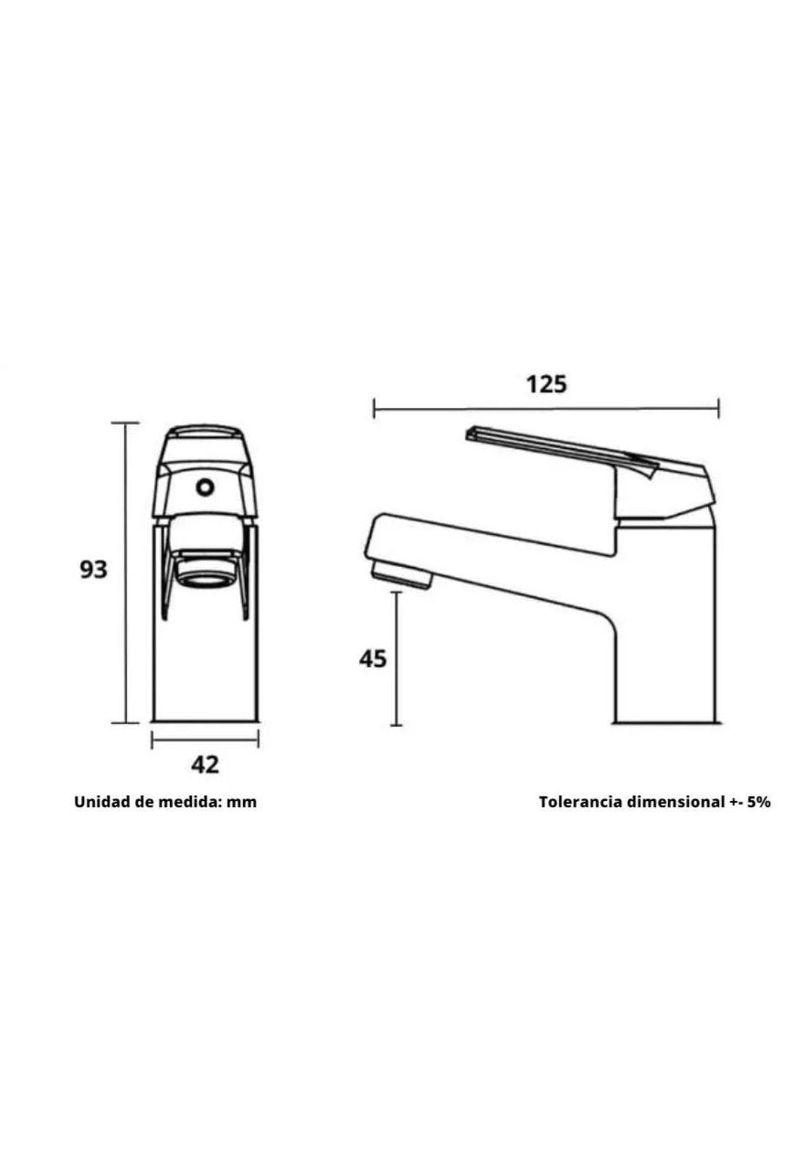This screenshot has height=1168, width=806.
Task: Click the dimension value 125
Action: [x=546, y=383]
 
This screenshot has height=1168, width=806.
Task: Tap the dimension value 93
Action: [x=93, y=569]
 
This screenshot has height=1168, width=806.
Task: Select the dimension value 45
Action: [x=372, y=658]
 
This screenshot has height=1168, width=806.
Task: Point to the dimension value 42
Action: [x=204, y=765]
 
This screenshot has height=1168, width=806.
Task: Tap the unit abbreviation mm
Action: [x=241, y=802]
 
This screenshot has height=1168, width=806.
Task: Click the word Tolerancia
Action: [x=580, y=802]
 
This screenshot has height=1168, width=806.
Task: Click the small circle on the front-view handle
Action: [x=204, y=487]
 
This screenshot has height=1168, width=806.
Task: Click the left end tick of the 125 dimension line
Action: [x=374, y=408]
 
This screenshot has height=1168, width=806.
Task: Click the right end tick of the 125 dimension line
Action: [x=719, y=408]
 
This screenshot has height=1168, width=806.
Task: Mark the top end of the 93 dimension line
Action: [x=126, y=423]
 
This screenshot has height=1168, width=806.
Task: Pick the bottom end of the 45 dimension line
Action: [x=396, y=725]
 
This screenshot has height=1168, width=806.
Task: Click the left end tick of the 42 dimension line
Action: [x=152, y=740]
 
